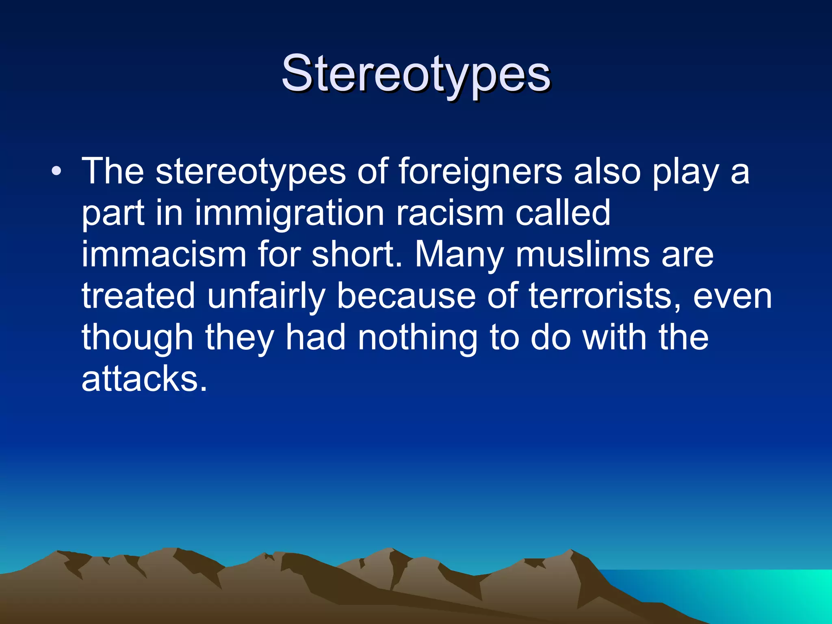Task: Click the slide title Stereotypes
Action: point(416,74)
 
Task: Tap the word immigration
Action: point(289,213)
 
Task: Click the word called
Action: point(563,213)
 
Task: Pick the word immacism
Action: point(164,254)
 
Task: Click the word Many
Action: point(459,254)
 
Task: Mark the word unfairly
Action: point(266,297)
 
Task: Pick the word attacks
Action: point(144,379)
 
